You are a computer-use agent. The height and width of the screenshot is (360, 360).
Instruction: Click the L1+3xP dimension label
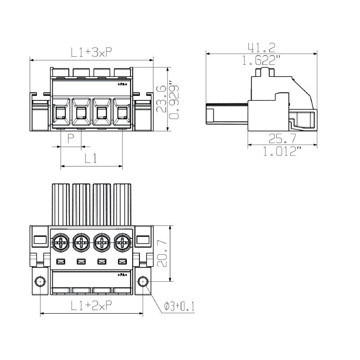91,52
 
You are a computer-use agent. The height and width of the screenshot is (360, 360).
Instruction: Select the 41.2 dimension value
262,47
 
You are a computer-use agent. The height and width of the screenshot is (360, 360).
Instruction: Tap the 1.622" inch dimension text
262,60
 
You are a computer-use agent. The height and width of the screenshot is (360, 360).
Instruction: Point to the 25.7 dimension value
282,139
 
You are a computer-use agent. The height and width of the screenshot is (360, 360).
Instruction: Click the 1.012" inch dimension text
282,152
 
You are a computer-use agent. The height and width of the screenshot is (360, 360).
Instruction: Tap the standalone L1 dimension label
91,158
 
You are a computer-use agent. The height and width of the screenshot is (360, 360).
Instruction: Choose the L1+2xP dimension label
91,306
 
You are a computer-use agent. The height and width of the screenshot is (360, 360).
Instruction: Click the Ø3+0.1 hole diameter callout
179,306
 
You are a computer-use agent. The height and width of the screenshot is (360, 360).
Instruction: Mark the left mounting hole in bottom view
40,282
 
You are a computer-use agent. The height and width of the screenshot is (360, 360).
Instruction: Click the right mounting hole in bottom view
143,282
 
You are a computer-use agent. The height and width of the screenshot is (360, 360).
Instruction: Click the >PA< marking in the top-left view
122,85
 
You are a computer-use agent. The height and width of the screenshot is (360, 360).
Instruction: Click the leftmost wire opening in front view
61,114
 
